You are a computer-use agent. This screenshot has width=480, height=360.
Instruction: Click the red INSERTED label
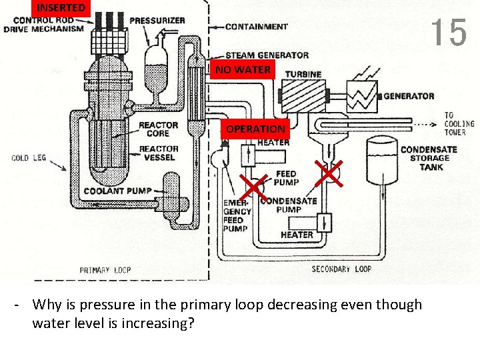[x=61, y=8]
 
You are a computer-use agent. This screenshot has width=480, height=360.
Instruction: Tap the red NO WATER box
[x=243, y=69]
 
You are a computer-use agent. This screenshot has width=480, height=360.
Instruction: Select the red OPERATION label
[x=255, y=129]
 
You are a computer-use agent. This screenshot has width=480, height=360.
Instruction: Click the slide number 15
[x=448, y=32]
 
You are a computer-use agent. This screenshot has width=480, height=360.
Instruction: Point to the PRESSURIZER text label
[x=157, y=21]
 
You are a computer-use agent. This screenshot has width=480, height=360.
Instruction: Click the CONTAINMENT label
[x=256, y=27]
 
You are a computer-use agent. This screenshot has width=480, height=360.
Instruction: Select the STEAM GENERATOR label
[x=267, y=55]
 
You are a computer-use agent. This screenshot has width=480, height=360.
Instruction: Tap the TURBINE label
[x=303, y=74]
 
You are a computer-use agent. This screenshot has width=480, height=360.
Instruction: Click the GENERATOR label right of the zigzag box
[x=409, y=96]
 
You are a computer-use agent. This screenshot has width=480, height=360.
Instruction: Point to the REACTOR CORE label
[x=158, y=129]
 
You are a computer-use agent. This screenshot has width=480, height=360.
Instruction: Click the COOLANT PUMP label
[x=118, y=191]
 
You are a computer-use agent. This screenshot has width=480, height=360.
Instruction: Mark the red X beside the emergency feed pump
[x=254, y=186]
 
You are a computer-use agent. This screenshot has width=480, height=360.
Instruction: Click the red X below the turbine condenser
[x=328, y=173]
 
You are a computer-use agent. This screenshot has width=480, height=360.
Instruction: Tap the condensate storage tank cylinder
[x=382, y=160]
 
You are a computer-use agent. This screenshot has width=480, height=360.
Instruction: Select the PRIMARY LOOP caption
[x=105, y=270]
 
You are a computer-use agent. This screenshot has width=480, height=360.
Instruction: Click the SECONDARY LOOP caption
[x=341, y=269]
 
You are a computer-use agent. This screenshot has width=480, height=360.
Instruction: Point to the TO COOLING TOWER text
[x=459, y=124]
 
